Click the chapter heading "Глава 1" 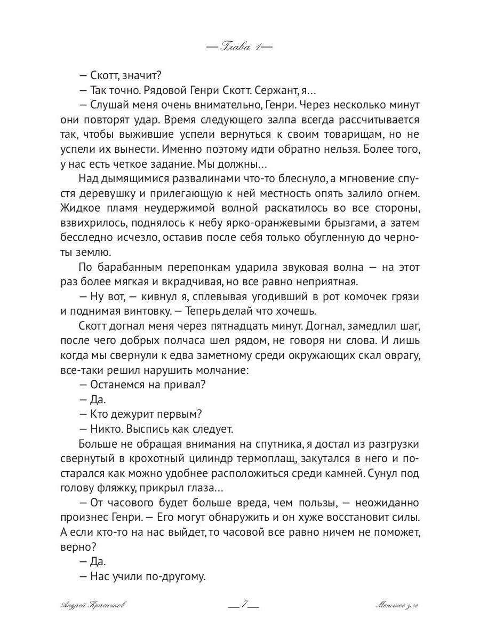pyautogui.click(x=239, y=48)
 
